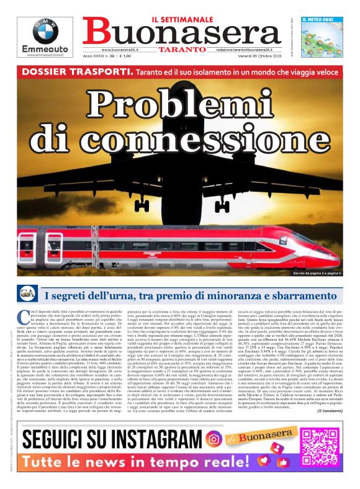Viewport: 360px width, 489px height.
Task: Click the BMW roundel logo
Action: (45, 31)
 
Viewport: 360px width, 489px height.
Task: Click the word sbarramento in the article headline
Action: (278, 295)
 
